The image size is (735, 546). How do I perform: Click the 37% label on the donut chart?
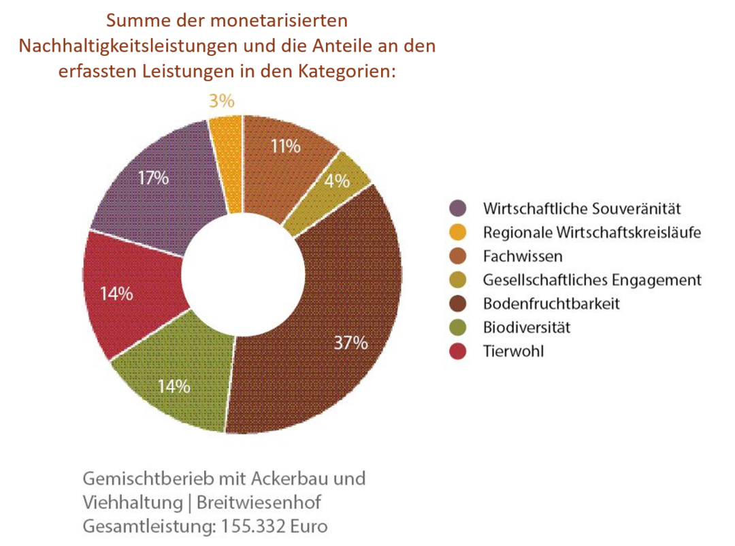[x=350, y=342]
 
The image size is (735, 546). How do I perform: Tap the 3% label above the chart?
[x=221, y=101]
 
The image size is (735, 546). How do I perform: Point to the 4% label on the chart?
[x=337, y=181]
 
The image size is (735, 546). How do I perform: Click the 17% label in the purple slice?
[x=152, y=178]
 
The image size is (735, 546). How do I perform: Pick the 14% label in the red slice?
[x=116, y=294]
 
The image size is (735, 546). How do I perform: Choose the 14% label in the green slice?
[x=174, y=386]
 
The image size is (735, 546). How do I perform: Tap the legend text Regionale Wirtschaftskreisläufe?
[x=591, y=232]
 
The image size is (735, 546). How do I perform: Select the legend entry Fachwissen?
[x=513, y=256]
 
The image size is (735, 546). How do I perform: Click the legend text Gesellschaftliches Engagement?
[x=591, y=280]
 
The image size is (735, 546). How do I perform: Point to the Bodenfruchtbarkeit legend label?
[x=551, y=304]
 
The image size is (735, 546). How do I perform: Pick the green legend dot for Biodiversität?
[x=458, y=327]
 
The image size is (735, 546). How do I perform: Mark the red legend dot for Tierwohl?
[x=458, y=351]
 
